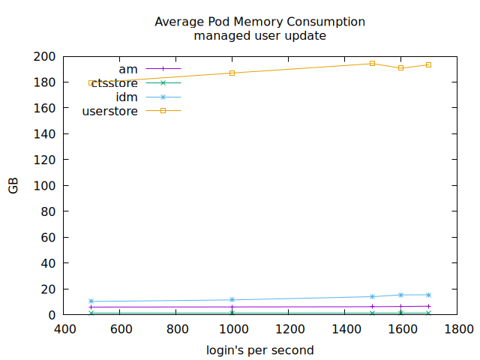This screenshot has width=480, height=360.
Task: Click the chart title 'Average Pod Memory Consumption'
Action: tap(259, 22)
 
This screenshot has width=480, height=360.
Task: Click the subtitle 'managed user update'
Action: tap(259, 35)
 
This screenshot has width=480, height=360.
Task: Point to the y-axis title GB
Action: tap(13, 186)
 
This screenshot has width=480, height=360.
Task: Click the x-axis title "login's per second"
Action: tap(259, 350)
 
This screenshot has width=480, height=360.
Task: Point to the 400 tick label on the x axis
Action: tap(65, 328)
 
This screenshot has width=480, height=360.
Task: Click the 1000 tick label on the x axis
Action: tap(233, 328)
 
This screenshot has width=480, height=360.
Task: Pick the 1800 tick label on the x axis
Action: tap(457, 328)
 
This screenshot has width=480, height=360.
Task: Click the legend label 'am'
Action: tap(128, 70)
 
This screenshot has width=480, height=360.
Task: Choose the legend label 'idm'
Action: tap(126, 97)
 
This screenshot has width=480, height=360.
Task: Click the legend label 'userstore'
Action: tap(109, 112)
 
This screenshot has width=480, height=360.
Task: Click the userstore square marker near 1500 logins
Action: tap(373, 63)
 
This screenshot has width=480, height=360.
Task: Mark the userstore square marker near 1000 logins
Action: tap(232, 73)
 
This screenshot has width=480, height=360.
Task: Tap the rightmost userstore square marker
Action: tap(429, 64)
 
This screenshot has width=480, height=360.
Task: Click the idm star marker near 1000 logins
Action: tap(232, 300)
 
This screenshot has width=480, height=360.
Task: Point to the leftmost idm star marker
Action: tap(91, 301)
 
